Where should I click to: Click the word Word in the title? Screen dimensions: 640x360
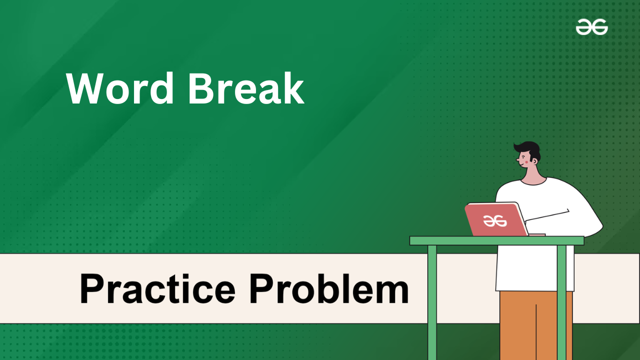(x=120, y=88)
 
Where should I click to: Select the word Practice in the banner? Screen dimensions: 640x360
(x=157, y=288)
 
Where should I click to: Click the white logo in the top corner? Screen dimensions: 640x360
(x=591, y=27)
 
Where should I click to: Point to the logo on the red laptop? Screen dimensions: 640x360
(x=495, y=221)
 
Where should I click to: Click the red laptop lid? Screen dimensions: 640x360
(x=496, y=219)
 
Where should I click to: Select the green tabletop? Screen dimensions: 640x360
(x=496, y=241)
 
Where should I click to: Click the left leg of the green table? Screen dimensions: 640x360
(x=432, y=302)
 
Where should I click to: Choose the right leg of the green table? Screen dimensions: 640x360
(x=561, y=302)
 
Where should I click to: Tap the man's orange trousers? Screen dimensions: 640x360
(x=535, y=325)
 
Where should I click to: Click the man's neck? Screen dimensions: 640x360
(x=533, y=175)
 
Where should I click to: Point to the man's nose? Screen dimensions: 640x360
(x=517, y=159)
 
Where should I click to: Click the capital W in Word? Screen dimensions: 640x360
(x=85, y=88)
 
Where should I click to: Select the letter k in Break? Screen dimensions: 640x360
(x=293, y=88)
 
